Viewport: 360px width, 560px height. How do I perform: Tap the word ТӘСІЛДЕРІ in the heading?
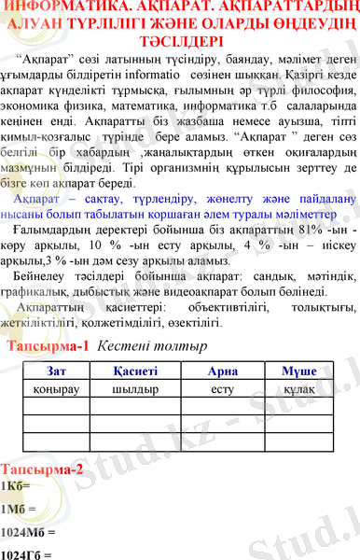tap(178, 42)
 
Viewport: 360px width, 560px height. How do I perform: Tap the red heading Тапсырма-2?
tap(43, 469)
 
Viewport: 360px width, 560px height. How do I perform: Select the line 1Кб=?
tap(16, 486)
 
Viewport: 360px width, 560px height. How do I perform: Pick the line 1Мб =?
tap(19, 510)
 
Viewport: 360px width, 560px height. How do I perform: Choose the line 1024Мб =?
tap(27, 533)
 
